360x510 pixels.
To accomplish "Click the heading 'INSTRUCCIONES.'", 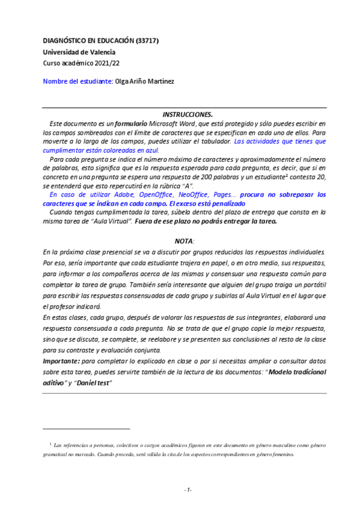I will click(188, 114).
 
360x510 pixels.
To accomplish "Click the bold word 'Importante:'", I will click(61, 360).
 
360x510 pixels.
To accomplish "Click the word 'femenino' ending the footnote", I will click(281, 455).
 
